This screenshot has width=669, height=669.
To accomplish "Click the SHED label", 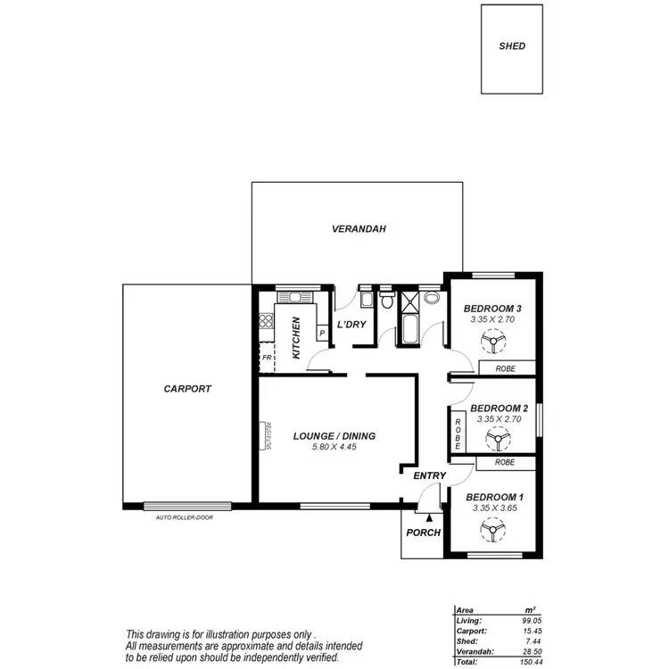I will coord(512,46).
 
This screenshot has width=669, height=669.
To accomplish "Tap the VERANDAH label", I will coord(358,229).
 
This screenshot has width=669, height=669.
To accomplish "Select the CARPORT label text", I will coord(187,389).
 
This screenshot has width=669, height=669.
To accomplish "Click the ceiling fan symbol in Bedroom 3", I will coord(491,341).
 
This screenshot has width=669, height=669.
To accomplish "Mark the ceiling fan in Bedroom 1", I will coord(491,530).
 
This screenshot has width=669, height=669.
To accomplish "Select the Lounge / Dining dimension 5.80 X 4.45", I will coord(334,448).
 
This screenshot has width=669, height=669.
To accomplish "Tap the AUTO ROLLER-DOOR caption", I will coord(187,517).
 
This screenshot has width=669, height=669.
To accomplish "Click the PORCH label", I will coord(423,533).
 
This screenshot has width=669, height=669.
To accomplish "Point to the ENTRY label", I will coord(429,476).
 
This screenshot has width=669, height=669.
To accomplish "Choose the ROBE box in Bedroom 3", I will coord(508,368).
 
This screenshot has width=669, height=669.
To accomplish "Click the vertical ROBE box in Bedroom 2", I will coord(458,433).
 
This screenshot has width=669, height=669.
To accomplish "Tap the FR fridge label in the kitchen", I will coord(266,357).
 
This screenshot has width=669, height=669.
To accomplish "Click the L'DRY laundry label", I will coord(351,324).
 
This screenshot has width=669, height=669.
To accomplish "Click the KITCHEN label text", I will coord(297,339).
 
